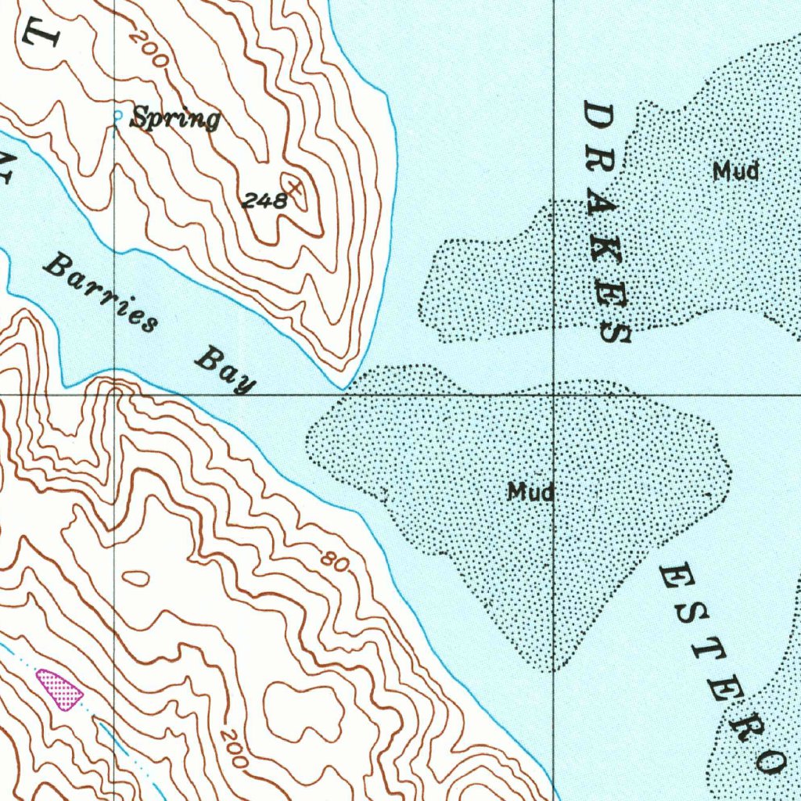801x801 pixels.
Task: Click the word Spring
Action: (x=174, y=119)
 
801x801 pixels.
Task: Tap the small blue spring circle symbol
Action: (x=118, y=116)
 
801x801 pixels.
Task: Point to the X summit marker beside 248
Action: (x=294, y=188)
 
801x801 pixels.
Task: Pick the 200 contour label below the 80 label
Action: (x=234, y=747)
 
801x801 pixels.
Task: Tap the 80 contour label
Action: (x=334, y=560)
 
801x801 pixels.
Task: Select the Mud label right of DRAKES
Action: (x=735, y=171)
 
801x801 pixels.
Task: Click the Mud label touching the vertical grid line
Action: (x=531, y=492)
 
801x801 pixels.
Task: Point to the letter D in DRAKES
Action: (x=599, y=118)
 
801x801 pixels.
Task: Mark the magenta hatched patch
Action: (x=59, y=689)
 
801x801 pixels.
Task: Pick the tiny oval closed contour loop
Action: (x=136, y=578)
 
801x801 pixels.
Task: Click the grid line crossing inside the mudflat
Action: (x=555, y=396)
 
